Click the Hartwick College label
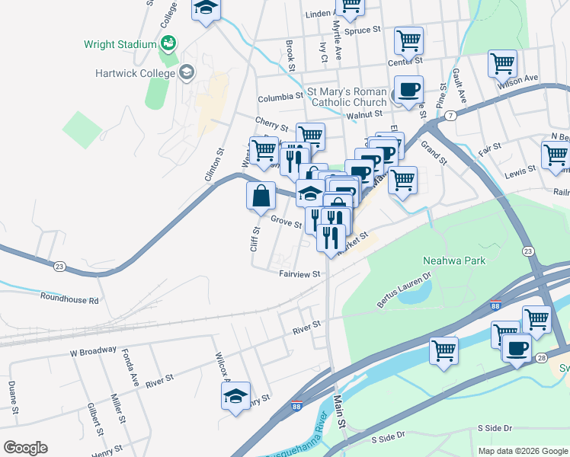point(131,73)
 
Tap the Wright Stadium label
point(120,44)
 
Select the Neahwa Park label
point(454,260)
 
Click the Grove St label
point(286,222)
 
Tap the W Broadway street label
point(93,353)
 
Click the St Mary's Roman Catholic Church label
point(347,97)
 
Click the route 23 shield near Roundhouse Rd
point(59,267)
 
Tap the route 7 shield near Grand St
point(452,115)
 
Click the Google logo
point(25,448)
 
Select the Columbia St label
point(280,98)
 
